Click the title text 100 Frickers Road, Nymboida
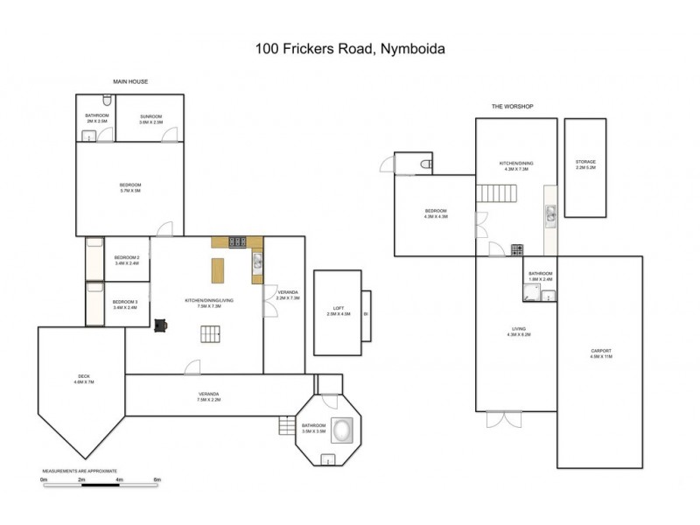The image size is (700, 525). [349, 49]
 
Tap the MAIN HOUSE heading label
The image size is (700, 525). [130, 81]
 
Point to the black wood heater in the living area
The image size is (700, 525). [160, 325]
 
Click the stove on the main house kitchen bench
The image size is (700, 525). [236, 241]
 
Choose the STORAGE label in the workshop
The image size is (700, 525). [585, 164]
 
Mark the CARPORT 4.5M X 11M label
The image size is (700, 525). [600, 353]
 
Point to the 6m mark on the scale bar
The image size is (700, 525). [157, 480]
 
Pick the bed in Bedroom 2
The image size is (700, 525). [94, 259]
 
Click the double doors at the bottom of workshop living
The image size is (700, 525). [502, 418]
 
